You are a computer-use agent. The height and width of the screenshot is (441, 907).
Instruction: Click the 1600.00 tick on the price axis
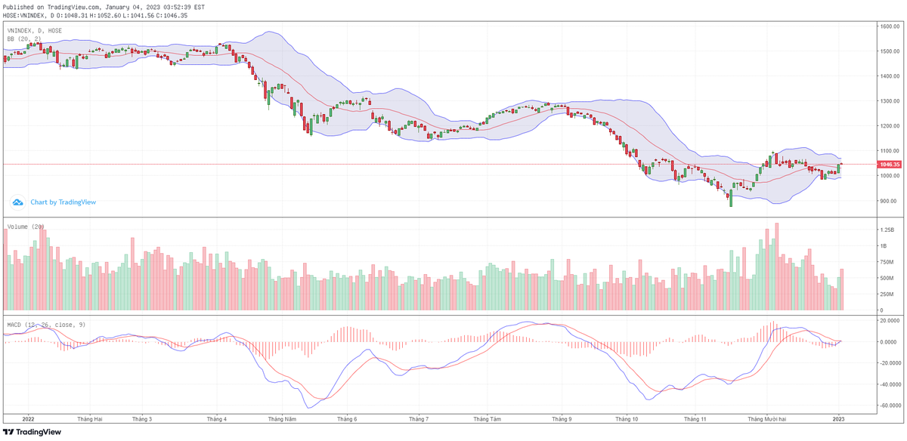[888, 26]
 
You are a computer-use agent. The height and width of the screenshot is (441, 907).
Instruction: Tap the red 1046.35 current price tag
[889, 164]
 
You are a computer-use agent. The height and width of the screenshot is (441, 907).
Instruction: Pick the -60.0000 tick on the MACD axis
[890, 405]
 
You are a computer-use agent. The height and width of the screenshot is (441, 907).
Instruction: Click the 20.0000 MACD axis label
[888, 320]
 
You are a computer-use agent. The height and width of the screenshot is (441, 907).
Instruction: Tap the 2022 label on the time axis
[29, 418]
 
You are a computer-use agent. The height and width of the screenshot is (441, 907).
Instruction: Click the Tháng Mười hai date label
[768, 418]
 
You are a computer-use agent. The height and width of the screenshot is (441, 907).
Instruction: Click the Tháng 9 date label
[561, 418]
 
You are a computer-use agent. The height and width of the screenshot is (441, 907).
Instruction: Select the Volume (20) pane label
[26, 226]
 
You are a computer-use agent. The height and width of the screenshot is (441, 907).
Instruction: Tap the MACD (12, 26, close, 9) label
[46, 324]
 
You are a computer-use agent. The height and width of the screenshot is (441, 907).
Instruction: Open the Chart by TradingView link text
[63, 202]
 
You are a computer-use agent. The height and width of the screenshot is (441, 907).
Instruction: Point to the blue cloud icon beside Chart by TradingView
[18, 202]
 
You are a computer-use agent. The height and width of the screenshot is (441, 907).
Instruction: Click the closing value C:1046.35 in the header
[175, 14]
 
